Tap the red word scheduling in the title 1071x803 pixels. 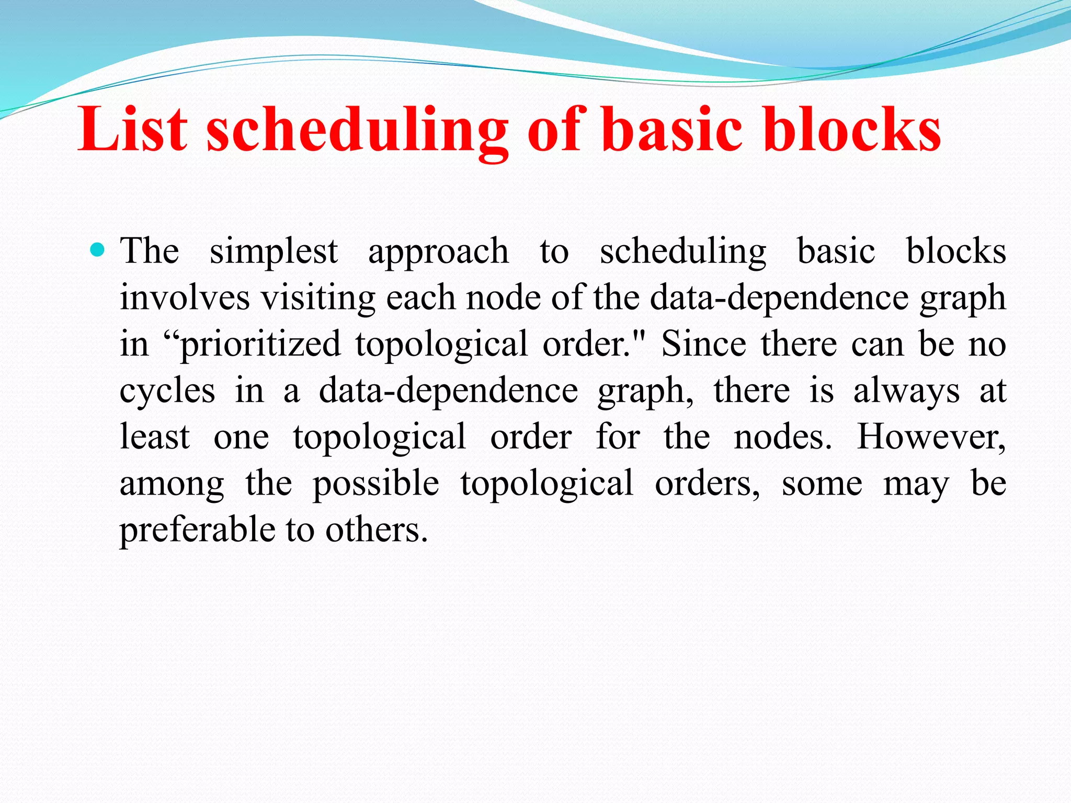pos(357,131)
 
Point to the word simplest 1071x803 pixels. pos(274,252)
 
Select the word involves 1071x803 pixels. pos(185,298)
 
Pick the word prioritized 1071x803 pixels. pos(260,345)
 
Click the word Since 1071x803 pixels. pos(704,344)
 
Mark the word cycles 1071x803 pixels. pos(167,392)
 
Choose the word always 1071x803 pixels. pos(906,392)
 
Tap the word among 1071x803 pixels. pos(172,484)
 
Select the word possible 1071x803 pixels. pos(376,484)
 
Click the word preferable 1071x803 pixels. pos(197,530)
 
